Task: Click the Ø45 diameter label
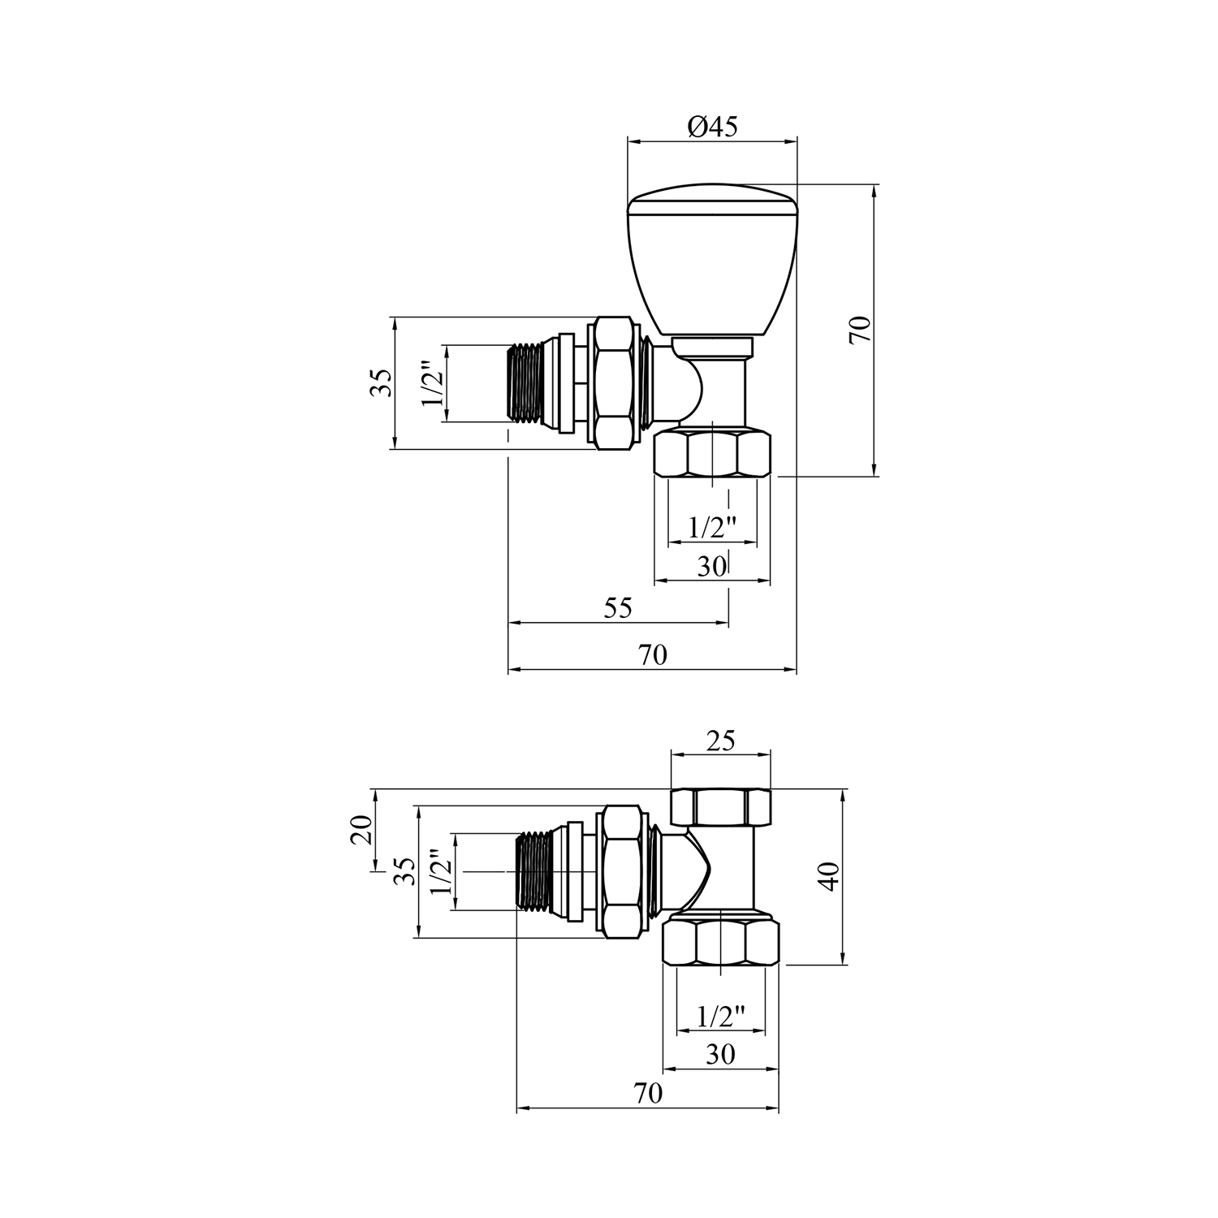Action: (712, 127)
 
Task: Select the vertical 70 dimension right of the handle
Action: (861, 330)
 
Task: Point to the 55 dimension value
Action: (618, 608)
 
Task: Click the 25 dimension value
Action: (720, 741)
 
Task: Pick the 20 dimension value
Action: (361, 829)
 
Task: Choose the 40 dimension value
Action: (828, 876)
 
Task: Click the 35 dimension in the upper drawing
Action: (381, 382)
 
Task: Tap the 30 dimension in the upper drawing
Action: (711, 566)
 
